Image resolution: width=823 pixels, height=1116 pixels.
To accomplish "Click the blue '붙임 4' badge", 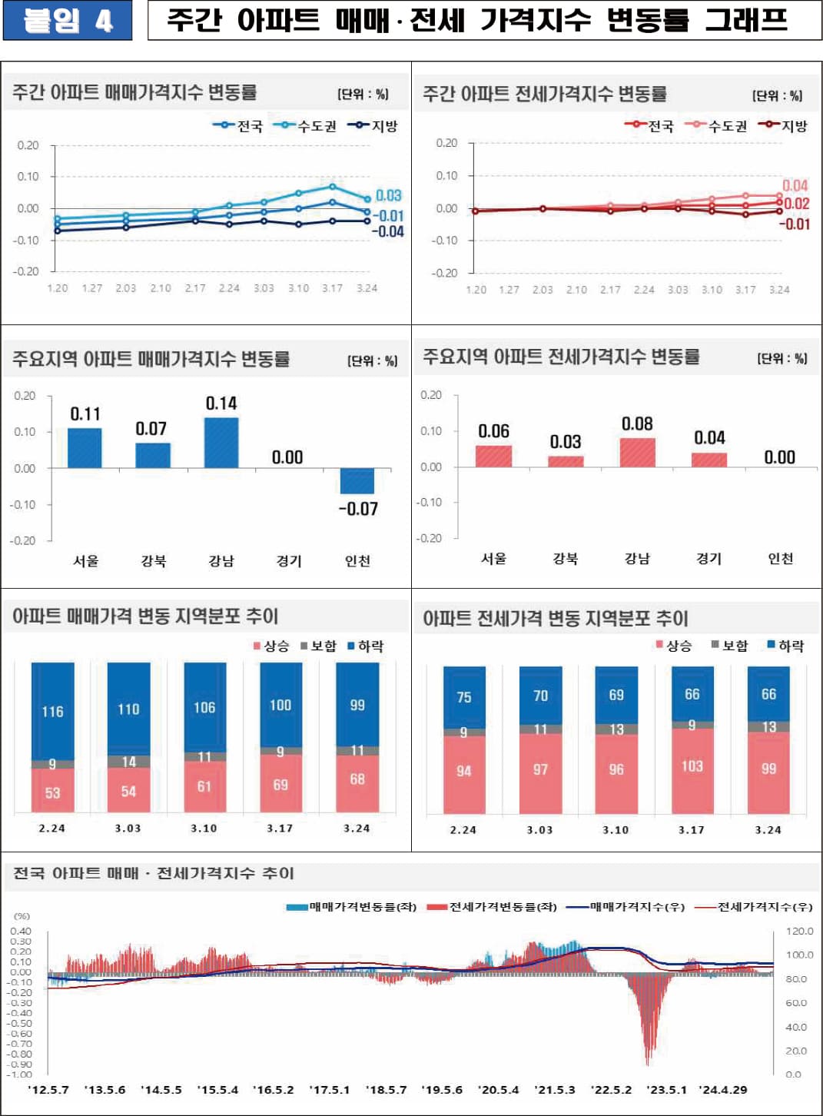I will click(67, 21).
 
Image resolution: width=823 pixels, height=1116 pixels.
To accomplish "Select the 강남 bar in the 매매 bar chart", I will click(221, 443).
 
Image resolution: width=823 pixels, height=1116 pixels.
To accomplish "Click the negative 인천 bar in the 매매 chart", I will click(357, 480).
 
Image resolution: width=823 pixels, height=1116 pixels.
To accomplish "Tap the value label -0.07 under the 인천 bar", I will click(358, 509).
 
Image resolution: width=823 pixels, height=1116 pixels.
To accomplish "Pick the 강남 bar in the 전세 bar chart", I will click(638, 453).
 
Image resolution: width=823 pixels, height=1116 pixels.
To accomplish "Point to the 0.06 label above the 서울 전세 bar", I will click(493, 431).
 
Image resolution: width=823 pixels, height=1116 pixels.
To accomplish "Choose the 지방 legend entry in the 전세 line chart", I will click(784, 126).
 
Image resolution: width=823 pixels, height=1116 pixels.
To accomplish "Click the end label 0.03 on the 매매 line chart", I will click(389, 195).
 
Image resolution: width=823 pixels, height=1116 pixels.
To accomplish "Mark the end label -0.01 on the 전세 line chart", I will click(795, 224).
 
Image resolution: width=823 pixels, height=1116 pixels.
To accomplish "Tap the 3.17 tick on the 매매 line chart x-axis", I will click(332, 288).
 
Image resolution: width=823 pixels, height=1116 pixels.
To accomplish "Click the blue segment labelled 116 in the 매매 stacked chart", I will click(52, 711).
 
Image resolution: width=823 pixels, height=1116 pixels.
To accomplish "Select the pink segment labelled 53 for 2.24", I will click(52, 792).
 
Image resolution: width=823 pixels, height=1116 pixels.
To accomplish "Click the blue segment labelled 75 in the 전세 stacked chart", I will click(464, 697).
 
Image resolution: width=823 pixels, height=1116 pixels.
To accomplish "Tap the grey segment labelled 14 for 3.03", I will click(128, 762).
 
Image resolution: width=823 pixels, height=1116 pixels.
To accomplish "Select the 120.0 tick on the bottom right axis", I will click(799, 931).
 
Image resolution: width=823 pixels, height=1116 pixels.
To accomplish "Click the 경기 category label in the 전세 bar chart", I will click(709, 559).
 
